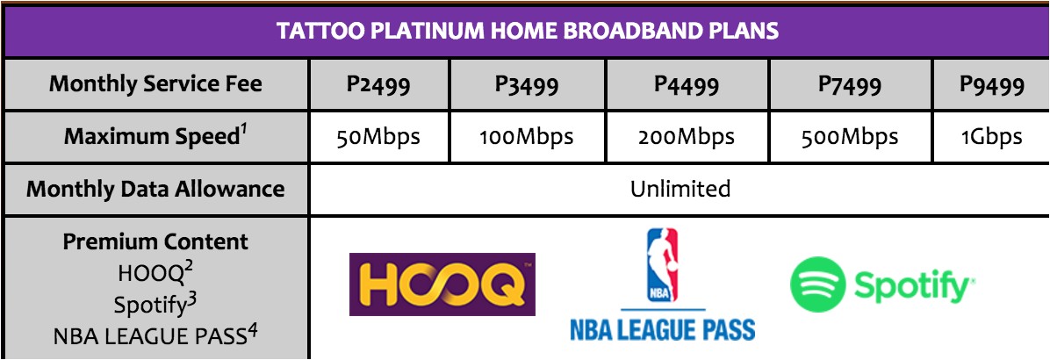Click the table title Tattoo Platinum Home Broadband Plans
tap(528, 31)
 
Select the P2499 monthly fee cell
tap(379, 85)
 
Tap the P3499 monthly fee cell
tap(528, 85)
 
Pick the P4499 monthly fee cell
tap(687, 85)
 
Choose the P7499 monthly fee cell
tap(851, 85)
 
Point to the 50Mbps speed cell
tap(379, 137)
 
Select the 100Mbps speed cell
tap(528, 137)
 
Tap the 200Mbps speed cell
tap(687, 137)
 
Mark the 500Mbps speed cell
tap(851, 137)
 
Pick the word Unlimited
tap(680, 189)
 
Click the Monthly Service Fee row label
tap(155, 84)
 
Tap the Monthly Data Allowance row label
tap(155, 189)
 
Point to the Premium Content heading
tap(155, 241)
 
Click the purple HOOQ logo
tap(442, 284)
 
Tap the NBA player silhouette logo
tap(662, 265)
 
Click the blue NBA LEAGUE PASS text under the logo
tap(662, 329)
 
